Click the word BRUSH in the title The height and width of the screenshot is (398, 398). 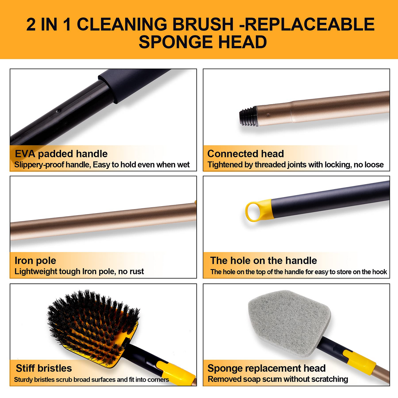(x=203, y=24)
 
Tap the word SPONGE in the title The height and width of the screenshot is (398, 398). (x=175, y=42)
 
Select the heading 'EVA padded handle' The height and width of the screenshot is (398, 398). (x=61, y=154)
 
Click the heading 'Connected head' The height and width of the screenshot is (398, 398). (x=246, y=154)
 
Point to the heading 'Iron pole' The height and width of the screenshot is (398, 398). (x=35, y=261)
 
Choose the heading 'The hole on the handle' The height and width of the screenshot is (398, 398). (x=264, y=261)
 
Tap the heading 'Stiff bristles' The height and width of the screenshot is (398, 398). (x=44, y=368)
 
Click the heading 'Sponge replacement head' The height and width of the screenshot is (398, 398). (x=266, y=368)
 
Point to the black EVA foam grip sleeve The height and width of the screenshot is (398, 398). (x=132, y=85)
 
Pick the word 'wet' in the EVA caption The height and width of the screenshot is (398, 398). (x=183, y=165)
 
